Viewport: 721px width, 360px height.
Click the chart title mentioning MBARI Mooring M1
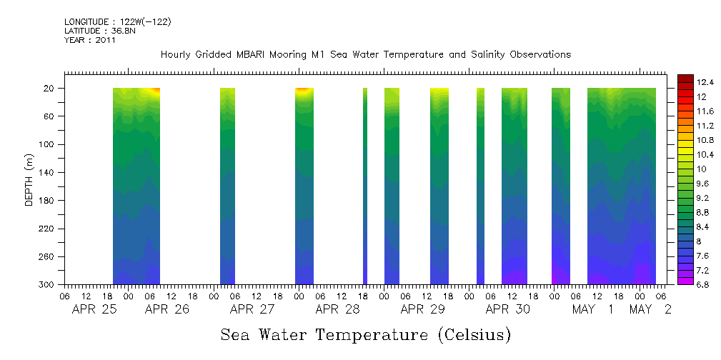365,55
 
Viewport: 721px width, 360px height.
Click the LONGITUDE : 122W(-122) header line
118,22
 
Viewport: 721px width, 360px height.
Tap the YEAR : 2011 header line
90,41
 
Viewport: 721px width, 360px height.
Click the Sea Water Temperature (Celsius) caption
365,334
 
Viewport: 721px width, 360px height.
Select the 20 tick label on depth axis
50,89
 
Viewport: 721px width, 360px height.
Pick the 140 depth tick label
48,173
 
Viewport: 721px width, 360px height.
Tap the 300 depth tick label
48,285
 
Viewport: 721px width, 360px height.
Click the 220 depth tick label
48,229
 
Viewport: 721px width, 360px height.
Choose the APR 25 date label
94,310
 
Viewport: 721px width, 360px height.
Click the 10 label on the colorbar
702,169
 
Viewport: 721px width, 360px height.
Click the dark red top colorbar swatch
685,78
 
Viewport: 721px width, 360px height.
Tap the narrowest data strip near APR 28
365,186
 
